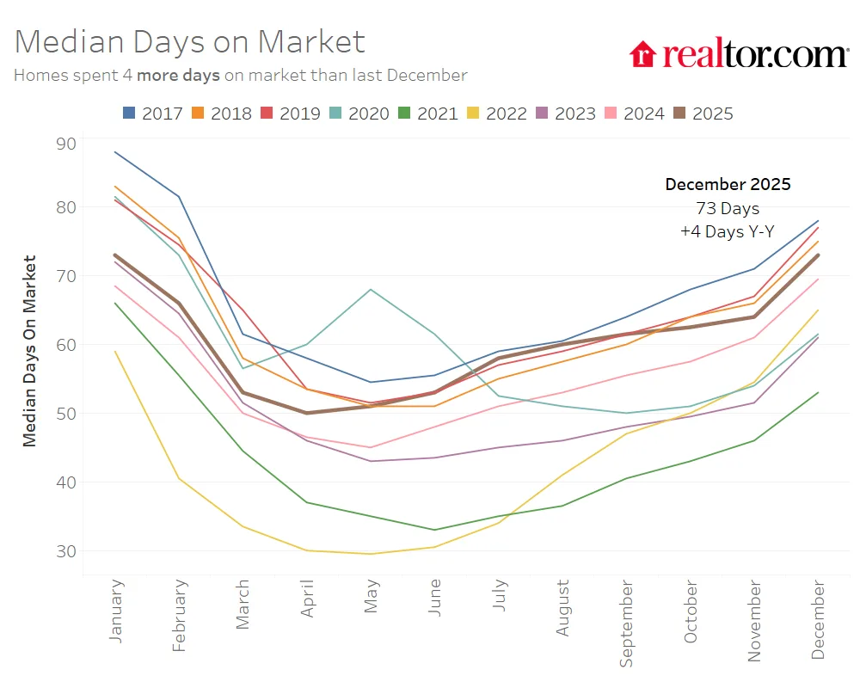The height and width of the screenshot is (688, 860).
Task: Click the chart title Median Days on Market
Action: (190, 41)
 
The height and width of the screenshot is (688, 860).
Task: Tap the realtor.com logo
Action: (739, 53)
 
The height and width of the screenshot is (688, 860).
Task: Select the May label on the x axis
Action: (372, 594)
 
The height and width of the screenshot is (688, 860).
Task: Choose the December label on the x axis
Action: (818, 620)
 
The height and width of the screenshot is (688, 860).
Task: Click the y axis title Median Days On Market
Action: (30, 350)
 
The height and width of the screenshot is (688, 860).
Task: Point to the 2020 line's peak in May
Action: (371, 289)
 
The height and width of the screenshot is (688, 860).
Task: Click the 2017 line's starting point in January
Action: (115, 152)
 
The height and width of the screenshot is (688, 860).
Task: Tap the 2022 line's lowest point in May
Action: (371, 554)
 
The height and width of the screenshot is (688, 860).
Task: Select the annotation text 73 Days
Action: (728, 208)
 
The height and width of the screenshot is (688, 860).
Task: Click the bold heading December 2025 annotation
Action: (728, 184)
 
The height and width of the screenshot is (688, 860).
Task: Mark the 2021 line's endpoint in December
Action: (818, 393)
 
